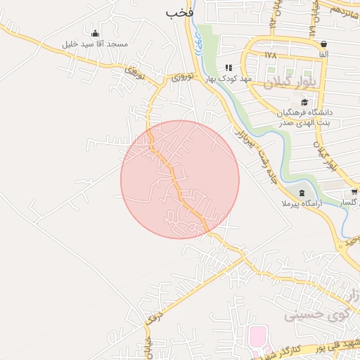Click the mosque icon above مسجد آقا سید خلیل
(96, 33)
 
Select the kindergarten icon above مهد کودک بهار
(228, 68)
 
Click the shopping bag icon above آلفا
(323, 44)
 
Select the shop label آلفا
(323, 54)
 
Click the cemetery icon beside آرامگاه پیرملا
(302, 193)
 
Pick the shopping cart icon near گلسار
(354, 192)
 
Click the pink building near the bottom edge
(258, 337)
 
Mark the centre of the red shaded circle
(180, 179)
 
